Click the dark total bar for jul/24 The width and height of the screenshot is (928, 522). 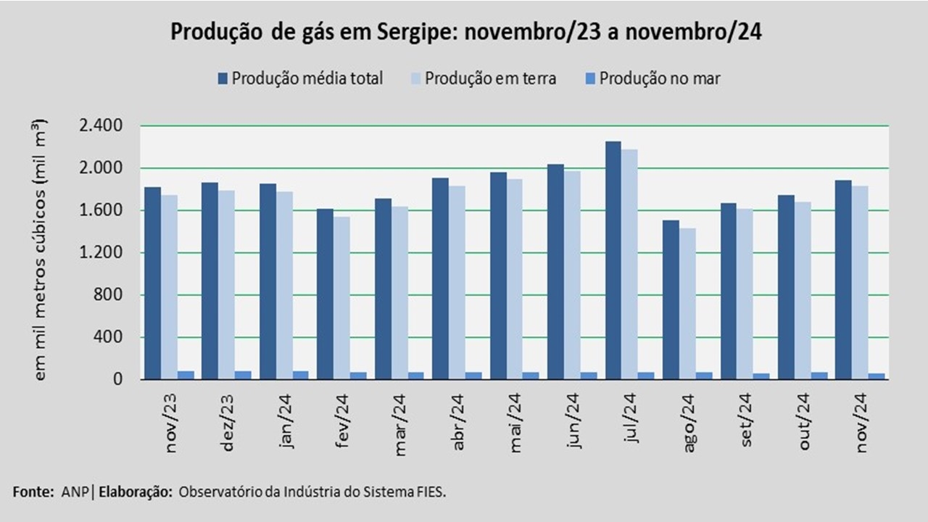pyautogui.click(x=613, y=260)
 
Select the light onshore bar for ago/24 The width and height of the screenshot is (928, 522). pyautogui.click(x=687, y=304)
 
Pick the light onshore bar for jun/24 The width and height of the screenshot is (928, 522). pyautogui.click(x=572, y=275)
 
